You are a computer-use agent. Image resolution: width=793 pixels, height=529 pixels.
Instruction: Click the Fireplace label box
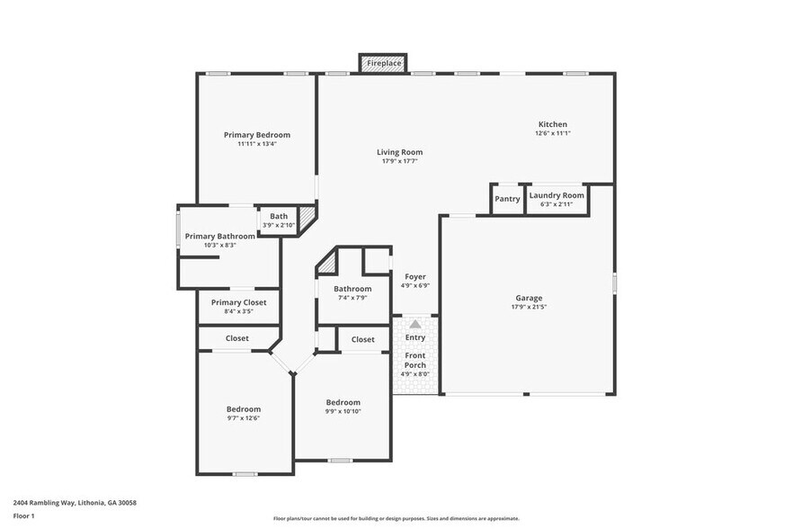coord(383,64)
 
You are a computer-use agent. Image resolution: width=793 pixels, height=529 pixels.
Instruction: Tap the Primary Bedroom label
coord(257,135)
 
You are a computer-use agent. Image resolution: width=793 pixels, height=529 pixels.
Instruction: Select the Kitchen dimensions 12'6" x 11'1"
coord(552,133)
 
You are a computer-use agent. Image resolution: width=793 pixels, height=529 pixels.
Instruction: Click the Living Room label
coord(399,152)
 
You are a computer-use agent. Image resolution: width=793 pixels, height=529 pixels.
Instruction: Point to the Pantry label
coord(507,199)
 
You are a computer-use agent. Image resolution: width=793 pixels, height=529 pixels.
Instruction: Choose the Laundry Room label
coord(557,195)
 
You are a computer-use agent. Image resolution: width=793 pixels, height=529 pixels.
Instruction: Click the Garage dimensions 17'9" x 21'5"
coord(529,307)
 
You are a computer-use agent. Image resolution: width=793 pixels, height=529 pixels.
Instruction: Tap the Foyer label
coord(414,277)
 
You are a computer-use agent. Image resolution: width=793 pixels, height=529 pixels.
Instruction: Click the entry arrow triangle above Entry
coord(414,324)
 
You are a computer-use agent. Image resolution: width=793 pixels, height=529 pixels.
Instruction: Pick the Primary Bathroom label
coord(219,237)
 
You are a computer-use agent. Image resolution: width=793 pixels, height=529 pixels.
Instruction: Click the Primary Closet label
coord(238,303)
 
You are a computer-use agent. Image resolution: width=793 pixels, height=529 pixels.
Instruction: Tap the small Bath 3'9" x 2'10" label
coord(279,216)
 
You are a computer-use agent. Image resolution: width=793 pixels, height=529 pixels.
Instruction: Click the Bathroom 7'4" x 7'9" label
coord(352,289)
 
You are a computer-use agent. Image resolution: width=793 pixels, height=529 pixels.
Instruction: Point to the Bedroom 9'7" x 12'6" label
coord(244,409)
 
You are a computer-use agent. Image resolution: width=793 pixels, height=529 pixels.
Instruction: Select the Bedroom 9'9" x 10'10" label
coord(343,402)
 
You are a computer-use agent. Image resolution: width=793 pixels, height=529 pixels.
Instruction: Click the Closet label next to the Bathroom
coord(363,339)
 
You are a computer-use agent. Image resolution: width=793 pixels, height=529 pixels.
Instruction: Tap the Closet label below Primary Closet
coord(237,338)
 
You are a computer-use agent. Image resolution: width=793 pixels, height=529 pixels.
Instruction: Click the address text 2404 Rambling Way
coord(75,503)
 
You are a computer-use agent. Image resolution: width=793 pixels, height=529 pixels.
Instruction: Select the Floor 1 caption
coord(23,516)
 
